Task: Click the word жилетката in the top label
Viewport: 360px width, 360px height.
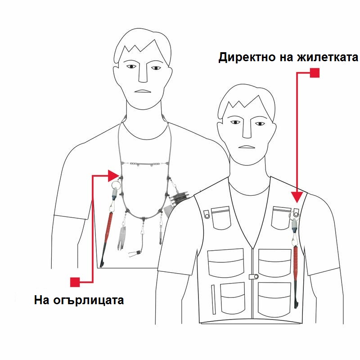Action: pos(328,58)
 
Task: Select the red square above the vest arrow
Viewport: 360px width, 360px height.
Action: pos(315,73)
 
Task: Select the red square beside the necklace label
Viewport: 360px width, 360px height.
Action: pos(75,282)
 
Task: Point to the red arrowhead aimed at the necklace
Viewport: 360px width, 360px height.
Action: pos(113,176)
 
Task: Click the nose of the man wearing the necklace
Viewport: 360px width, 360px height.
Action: pos(143,73)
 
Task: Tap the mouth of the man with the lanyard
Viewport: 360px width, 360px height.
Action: pos(142,91)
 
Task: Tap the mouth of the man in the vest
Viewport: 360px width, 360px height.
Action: pos(247,147)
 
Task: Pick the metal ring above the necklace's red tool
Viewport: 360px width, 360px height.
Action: pos(116,185)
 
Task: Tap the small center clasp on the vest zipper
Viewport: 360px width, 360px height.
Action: pos(254,277)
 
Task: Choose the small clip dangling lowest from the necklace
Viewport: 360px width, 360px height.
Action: pos(134,253)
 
